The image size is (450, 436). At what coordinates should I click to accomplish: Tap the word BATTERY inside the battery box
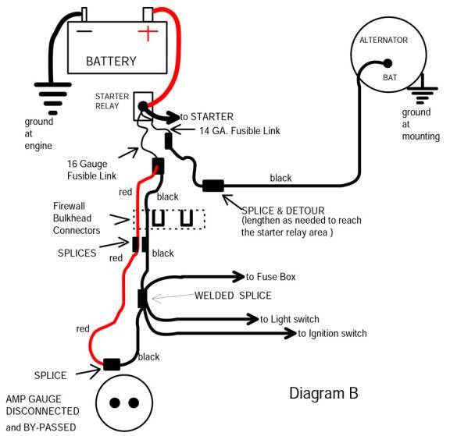click(x=111, y=61)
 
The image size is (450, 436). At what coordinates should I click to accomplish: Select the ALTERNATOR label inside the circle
click(x=383, y=40)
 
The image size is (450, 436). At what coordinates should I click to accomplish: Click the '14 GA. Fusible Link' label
click(x=228, y=129)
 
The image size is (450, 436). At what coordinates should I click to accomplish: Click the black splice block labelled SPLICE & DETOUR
click(x=212, y=186)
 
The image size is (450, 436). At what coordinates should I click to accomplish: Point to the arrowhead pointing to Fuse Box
click(x=238, y=276)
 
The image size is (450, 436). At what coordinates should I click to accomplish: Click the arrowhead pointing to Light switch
click(x=252, y=318)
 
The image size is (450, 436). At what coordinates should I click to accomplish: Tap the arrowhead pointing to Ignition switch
click(x=291, y=333)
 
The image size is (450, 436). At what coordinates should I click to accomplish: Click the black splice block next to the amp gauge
click(x=112, y=364)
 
